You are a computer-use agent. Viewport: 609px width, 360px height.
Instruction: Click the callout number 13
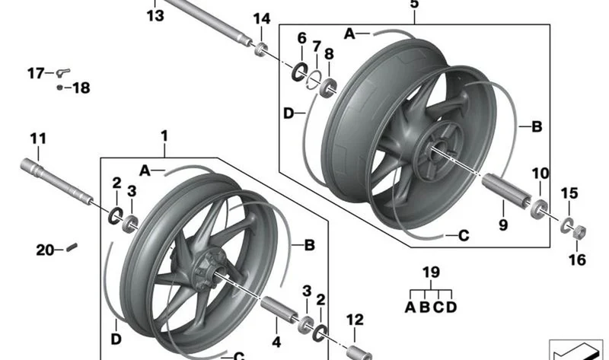tap(155, 16)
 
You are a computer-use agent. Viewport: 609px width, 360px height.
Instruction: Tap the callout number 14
tap(262, 18)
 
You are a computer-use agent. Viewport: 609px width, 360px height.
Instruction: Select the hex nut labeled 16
tap(579, 232)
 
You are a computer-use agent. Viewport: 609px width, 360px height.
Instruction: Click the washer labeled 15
tap(566, 225)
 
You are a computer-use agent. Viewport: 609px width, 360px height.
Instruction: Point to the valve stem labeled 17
tap(63, 72)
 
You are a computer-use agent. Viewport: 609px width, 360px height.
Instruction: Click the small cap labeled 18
tap(59, 88)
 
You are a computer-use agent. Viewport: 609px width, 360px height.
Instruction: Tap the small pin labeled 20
tap(72, 247)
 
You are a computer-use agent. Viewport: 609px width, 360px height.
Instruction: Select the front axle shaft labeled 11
tap(56, 181)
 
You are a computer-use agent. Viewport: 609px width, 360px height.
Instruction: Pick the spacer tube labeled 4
tap(279, 308)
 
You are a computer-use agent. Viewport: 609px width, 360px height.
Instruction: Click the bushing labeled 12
tap(359, 352)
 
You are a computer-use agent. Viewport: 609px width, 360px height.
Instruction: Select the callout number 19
tap(431, 272)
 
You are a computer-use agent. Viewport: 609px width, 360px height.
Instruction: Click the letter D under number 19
tap(451, 307)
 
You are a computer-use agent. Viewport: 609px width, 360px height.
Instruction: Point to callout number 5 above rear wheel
tap(414, 5)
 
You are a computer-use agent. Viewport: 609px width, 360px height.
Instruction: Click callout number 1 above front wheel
tap(164, 136)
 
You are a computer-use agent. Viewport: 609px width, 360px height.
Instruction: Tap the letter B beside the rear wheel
tap(537, 126)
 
